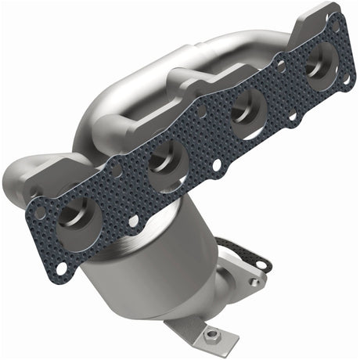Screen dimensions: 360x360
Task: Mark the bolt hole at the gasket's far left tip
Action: (34, 209)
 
